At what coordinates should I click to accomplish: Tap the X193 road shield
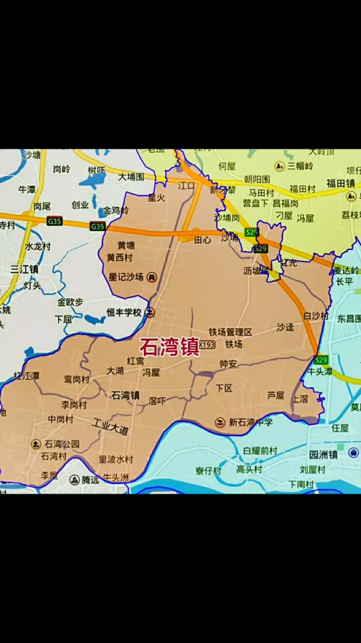point(207,345)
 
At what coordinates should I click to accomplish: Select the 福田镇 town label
point(340,184)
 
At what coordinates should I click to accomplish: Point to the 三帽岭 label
point(300,165)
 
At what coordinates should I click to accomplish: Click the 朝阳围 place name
point(257,179)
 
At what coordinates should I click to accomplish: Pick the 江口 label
point(186,186)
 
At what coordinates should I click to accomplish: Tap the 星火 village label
point(156,198)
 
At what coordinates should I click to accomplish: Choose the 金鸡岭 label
point(116,210)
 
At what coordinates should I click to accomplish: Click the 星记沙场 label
point(127,277)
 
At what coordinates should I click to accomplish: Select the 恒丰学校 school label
point(124,312)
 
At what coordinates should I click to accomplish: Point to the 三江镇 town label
point(24,269)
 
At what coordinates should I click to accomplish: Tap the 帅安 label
point(228,364)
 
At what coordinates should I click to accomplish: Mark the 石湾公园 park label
point(62,443)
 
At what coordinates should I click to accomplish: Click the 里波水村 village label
point(116,459)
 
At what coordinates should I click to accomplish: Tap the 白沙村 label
point(316,315)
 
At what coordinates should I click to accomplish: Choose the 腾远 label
point(90,480)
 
